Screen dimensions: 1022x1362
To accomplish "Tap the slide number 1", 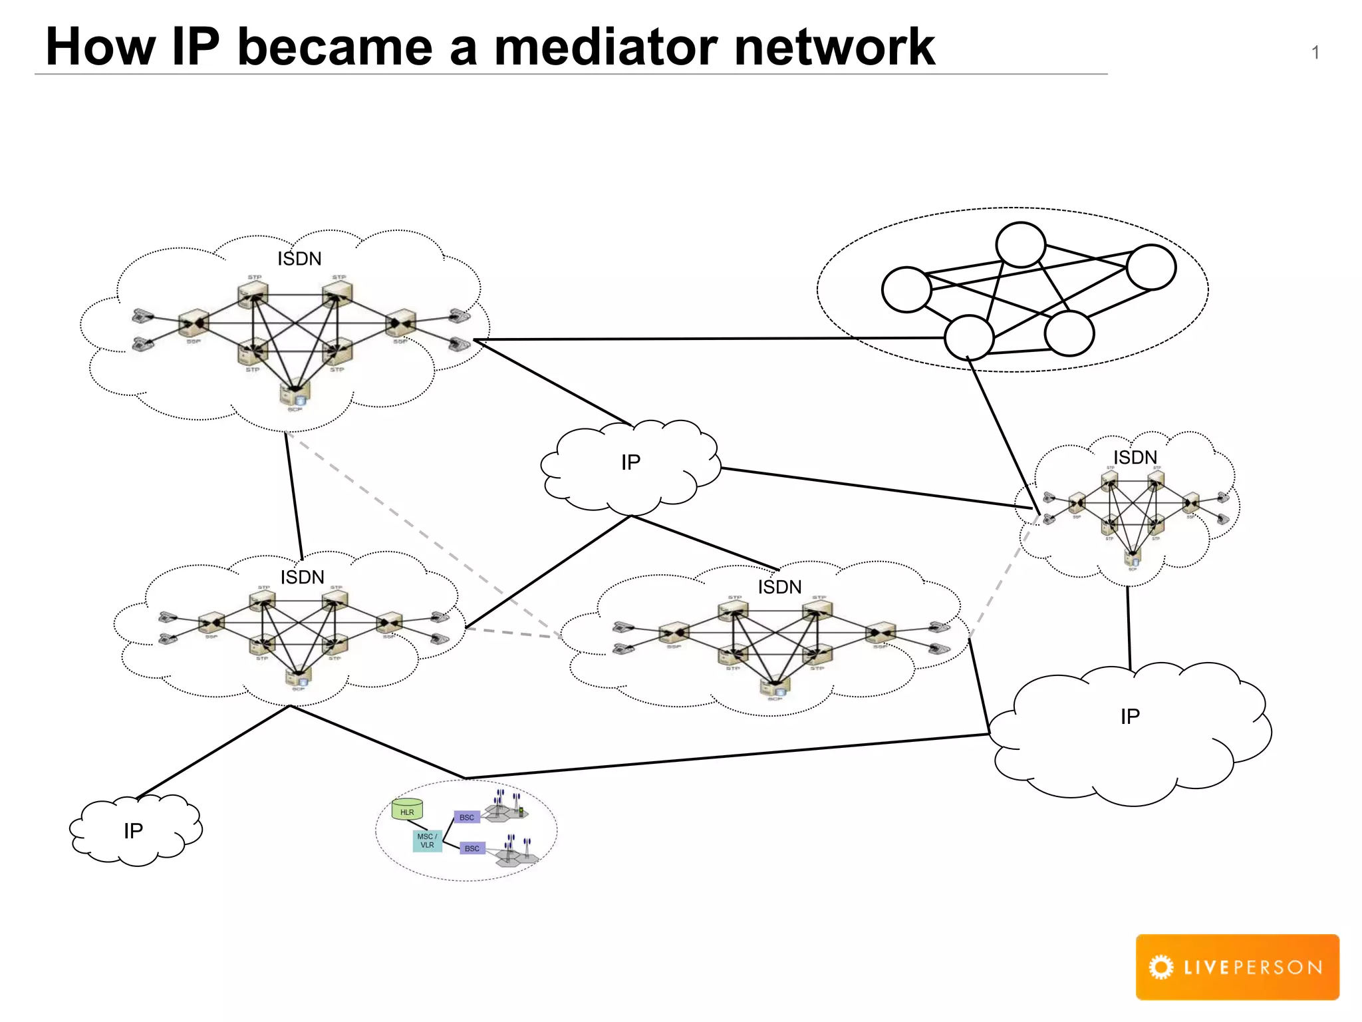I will click(1315, 53).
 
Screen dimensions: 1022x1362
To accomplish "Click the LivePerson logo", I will click(1237, 967).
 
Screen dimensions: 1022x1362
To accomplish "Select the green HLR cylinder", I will click(407, 810).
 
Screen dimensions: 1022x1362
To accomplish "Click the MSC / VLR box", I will click(427, 841).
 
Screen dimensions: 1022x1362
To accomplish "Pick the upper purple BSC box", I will click(467, 817).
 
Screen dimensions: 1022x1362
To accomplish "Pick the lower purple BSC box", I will click(472, 848).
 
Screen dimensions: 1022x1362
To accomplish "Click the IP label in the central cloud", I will click(630, 462).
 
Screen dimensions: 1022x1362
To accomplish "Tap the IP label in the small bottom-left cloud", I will click(133, 831).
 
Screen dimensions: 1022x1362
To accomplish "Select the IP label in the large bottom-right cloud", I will click(1130, 717).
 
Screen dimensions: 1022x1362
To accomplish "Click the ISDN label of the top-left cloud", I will click(299, 259).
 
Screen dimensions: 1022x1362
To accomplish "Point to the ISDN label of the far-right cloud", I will click(1135, 458).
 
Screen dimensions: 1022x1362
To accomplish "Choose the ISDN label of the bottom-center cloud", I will click(779, 587).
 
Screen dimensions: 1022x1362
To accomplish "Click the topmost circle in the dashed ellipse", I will click(1020, 245).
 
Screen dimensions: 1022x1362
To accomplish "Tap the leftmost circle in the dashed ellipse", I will click(906, 289).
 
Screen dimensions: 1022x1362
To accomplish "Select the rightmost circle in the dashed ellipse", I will click(1151, 267).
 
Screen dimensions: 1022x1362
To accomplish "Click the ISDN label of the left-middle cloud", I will click(302, 577).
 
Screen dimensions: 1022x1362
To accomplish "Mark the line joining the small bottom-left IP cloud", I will click(213, 752).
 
